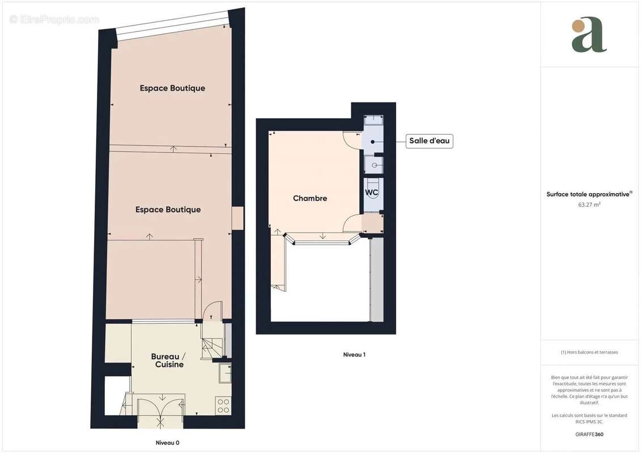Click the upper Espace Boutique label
[172, 88]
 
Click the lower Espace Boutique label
[168, 210]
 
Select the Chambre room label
[310, 198]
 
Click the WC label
[371, 192]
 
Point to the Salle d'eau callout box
[429, 141]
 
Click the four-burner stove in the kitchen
[223, 405]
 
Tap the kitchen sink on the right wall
[225, 373]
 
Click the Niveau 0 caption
[168, 443]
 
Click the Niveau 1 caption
[354, 354]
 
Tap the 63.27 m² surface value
[589, 204]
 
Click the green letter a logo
[589, 36]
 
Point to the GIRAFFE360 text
[589, 434]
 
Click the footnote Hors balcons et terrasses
[589, 352]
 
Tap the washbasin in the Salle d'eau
[374, 165]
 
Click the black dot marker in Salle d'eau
[373, 142]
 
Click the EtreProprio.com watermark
[54, 19]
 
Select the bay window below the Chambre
[322, 239]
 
